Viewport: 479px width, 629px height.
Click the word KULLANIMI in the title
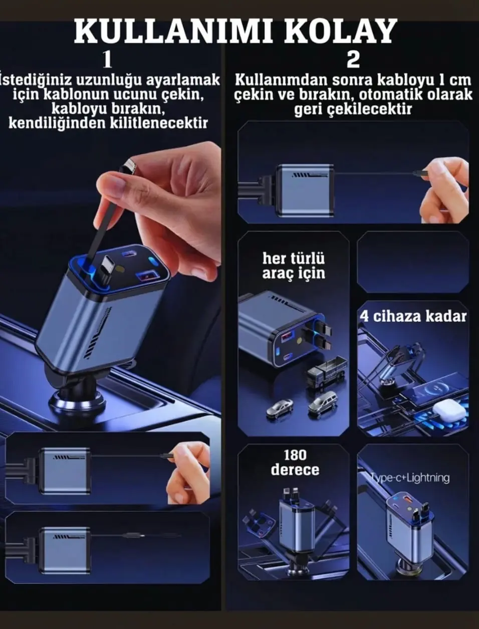pyautogui.click(x=173, y=32)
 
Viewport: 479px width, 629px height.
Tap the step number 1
pyautogui.click(x=107, y=60)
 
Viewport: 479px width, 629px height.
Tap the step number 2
pyautogui.click(x=353, y=60)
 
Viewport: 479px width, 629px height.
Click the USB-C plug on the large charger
pyautogui.click(x=106, y=270)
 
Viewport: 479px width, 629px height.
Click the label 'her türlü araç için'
pyautogui.click(x=294, y=266)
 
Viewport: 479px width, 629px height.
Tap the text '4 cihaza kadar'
pyautogui.click(x=413, y=316)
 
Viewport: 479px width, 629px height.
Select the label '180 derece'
pyautogui.click(x=295, y=462)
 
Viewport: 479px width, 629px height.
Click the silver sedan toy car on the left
pyautogui.click(x=280, y=407)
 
